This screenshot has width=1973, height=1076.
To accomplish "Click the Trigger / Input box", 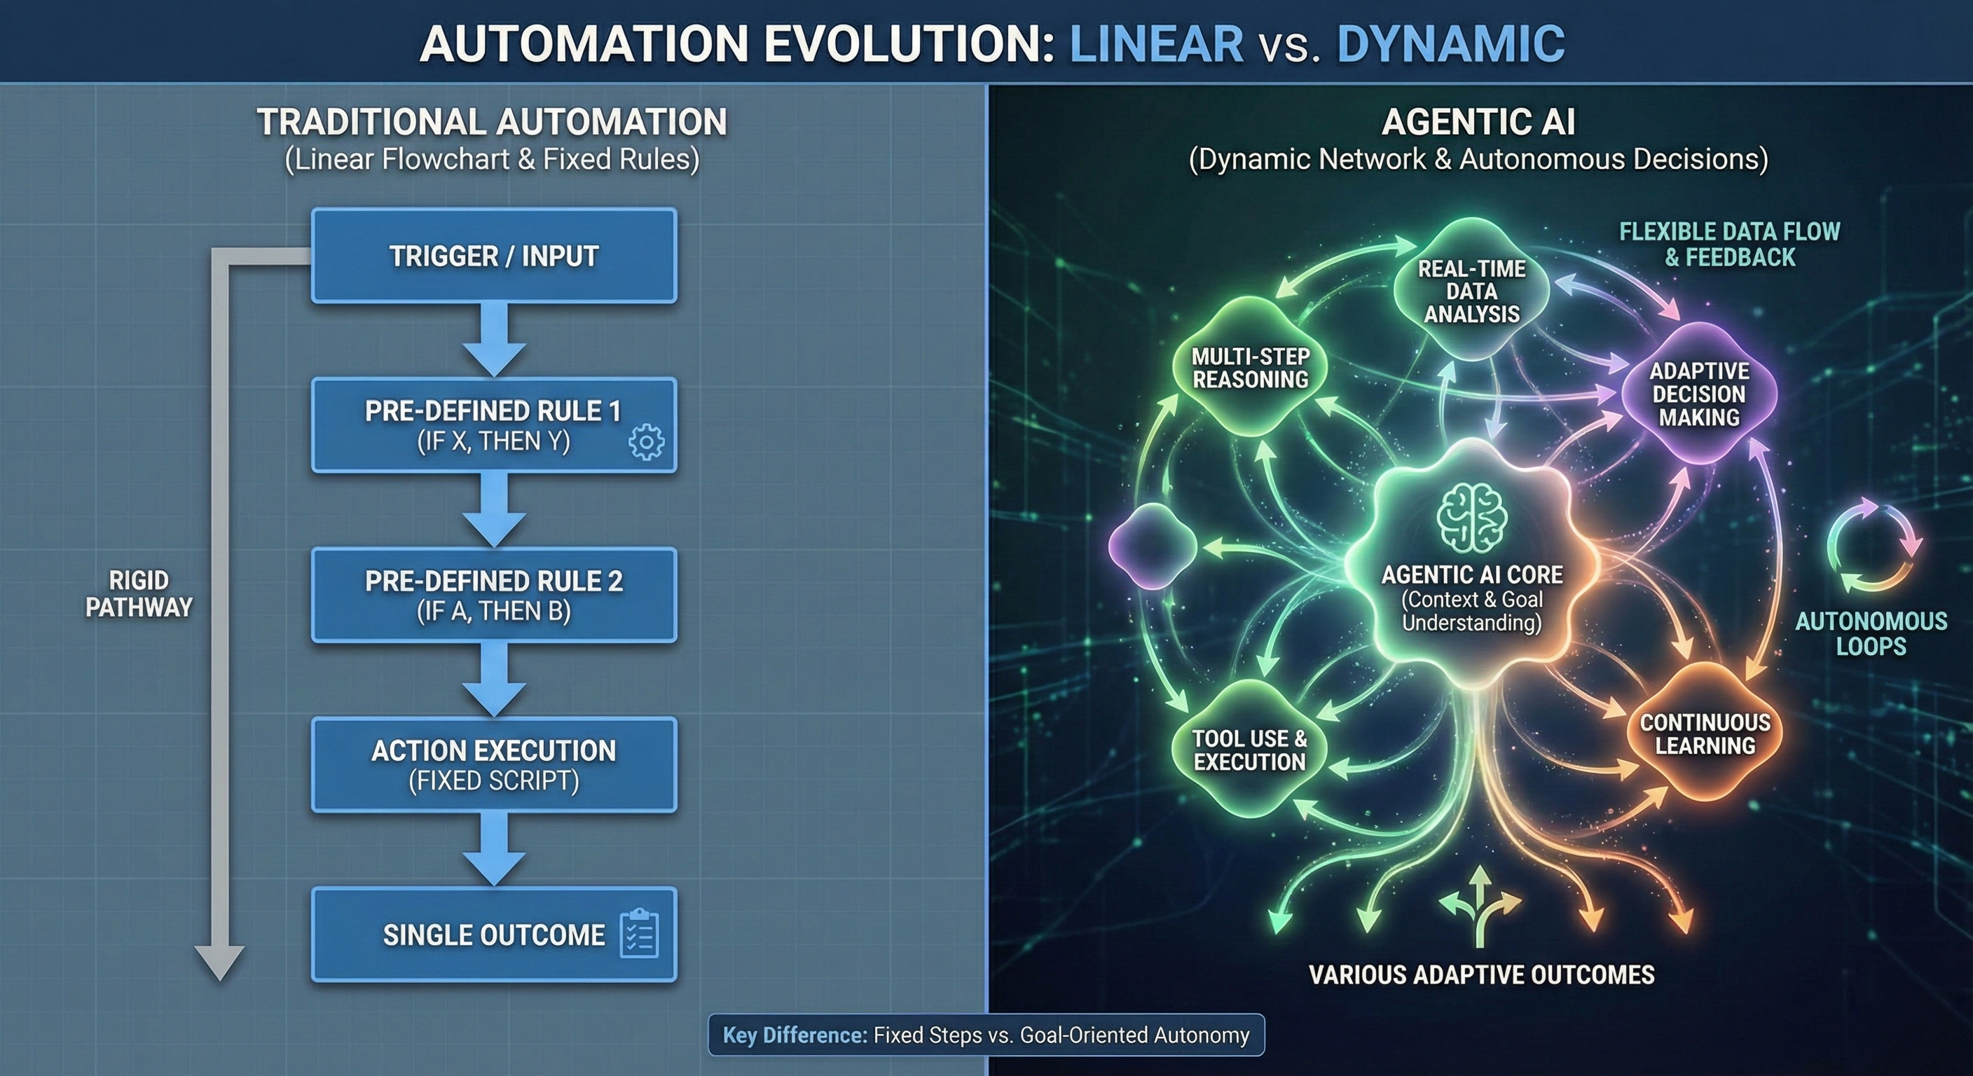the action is (494, 256).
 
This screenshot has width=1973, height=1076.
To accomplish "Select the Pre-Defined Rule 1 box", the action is (494, 425).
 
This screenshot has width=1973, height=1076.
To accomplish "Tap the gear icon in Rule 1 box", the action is (647, 442).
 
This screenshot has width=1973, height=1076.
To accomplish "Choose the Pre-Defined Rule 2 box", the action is (494, 595).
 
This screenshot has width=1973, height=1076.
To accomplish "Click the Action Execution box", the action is (494, 764).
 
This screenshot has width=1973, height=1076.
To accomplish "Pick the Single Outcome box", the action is (494, 934).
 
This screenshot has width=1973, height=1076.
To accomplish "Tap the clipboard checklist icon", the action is (638, 934).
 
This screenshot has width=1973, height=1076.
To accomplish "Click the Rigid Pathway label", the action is (139, 593).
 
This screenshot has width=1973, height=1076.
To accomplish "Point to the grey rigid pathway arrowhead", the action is (220, 963).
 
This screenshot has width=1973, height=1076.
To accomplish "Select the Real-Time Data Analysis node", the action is (1471, 291).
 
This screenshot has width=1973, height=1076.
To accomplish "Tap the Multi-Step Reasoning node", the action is (1250, 368).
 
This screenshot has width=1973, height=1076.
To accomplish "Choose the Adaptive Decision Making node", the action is (1699, 394).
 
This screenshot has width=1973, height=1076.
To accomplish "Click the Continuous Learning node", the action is (1704, 733).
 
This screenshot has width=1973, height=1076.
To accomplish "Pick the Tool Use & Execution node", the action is (1249, 750).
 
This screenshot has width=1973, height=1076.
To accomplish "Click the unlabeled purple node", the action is (1152, 546).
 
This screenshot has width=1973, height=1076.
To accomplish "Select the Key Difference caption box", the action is (986, 1035).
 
